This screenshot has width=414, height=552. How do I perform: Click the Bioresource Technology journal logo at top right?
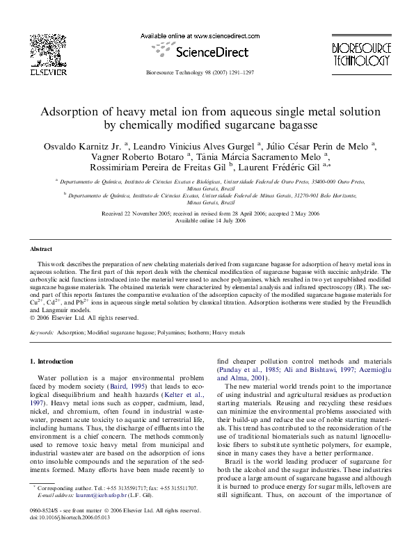[x=360, y=52]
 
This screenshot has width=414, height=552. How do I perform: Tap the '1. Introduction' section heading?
[x=52, y=362]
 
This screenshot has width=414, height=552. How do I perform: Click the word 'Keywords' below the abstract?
[x=42, y=333]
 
